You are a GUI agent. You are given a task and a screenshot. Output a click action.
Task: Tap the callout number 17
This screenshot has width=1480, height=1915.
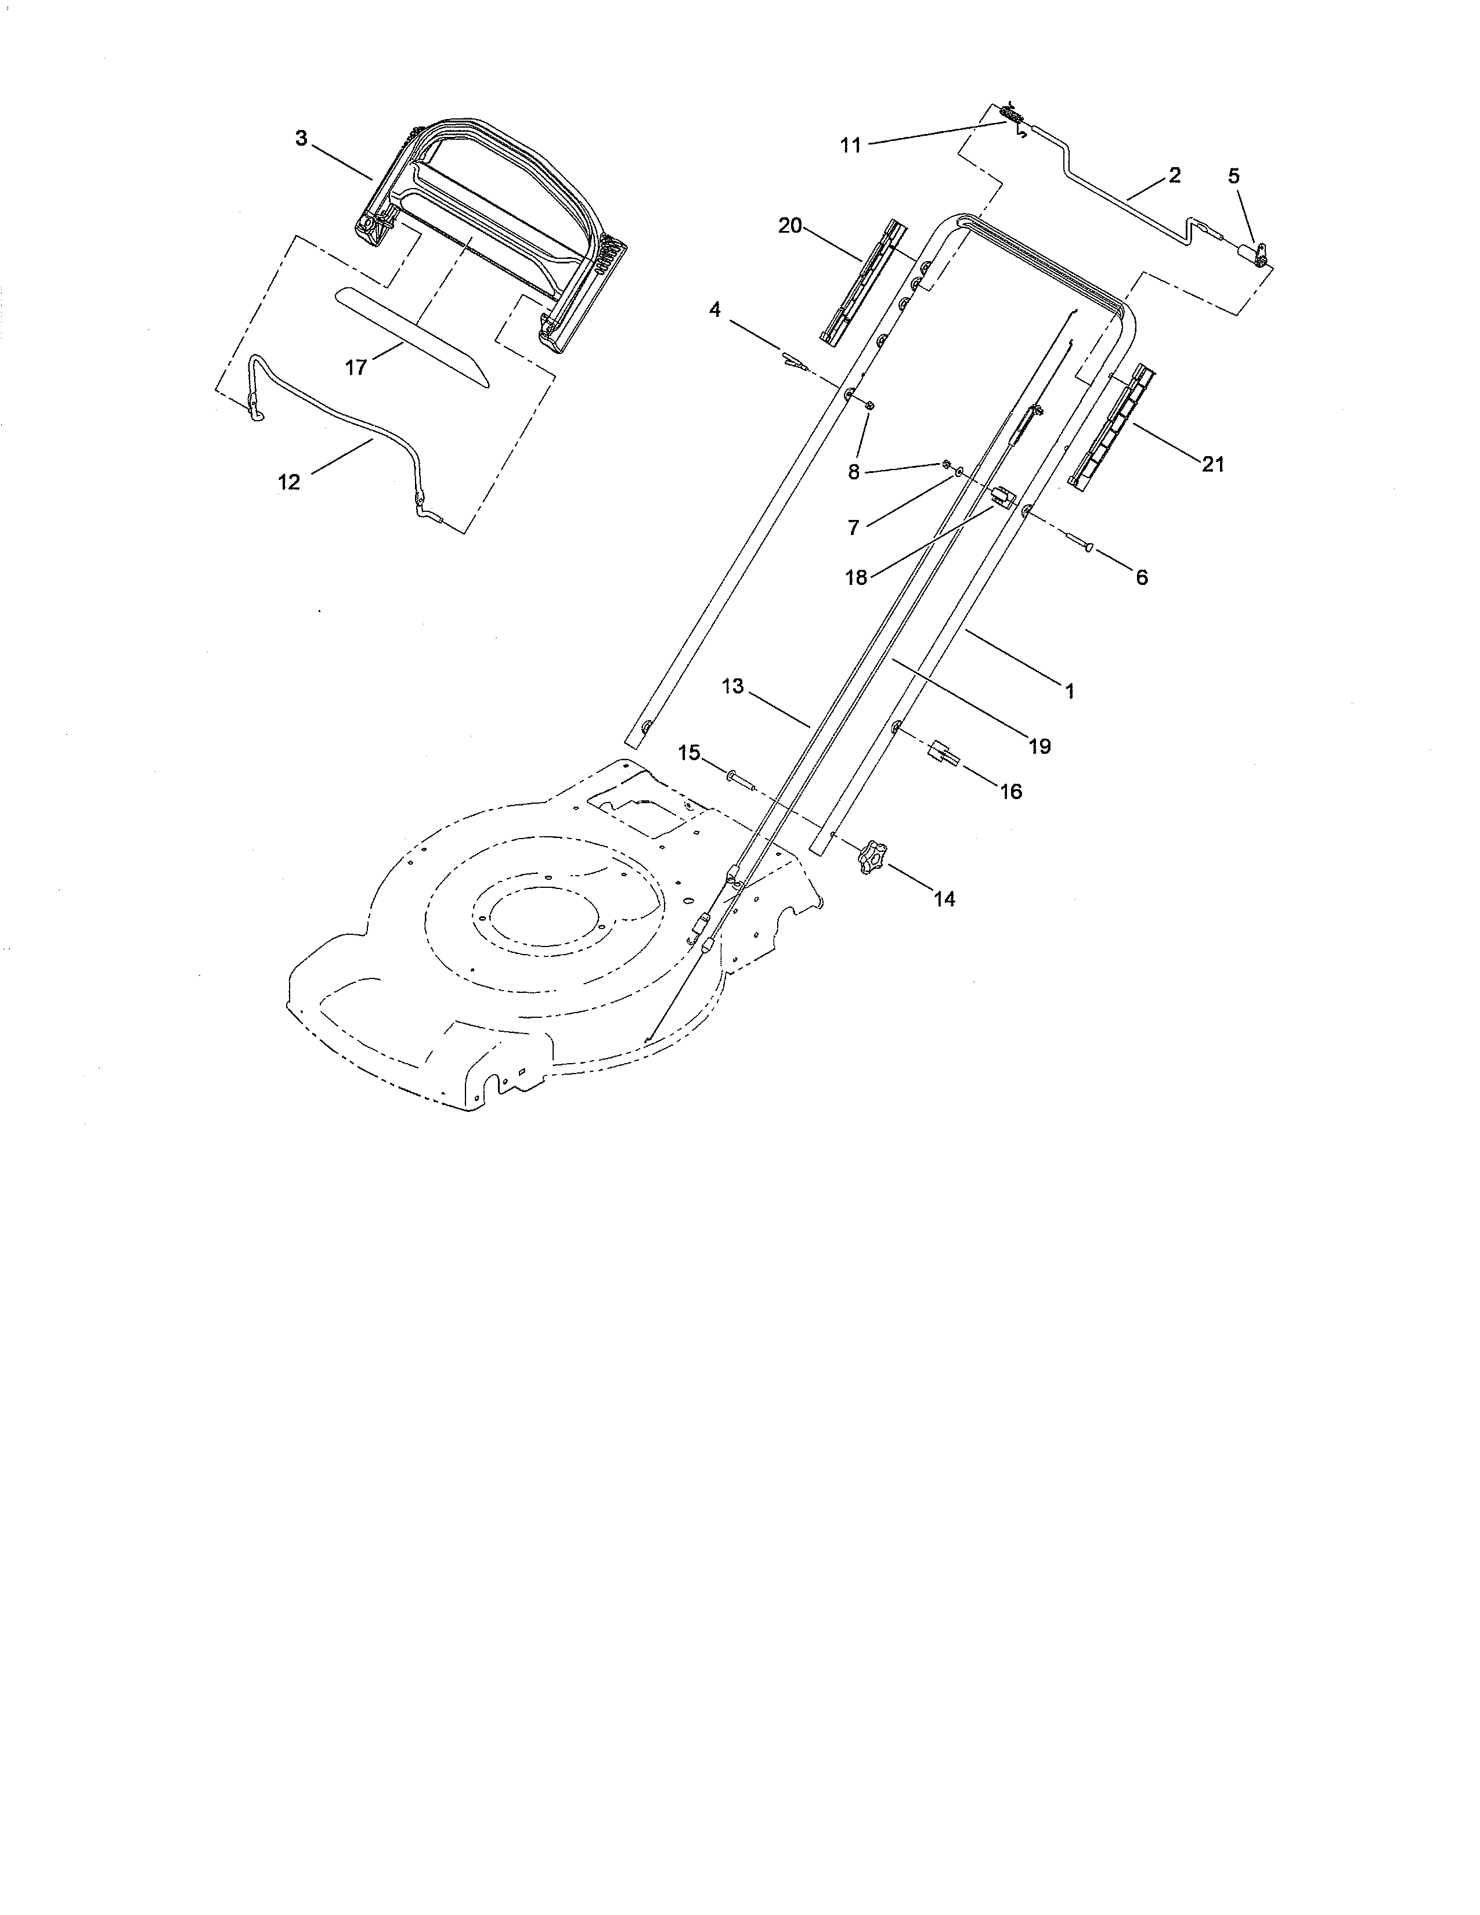(356, 367)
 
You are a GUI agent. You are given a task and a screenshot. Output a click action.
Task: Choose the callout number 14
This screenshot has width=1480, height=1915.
(944, 899)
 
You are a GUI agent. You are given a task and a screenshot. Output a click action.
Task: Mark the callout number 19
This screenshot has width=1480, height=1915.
(1040, 746)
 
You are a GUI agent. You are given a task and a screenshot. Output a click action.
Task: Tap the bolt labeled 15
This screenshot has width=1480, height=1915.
(737, 778)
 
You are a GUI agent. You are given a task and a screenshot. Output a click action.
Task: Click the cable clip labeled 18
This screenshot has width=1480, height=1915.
(1001, 497)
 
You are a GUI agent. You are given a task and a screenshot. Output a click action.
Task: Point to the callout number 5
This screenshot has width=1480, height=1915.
(1234, 176)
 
